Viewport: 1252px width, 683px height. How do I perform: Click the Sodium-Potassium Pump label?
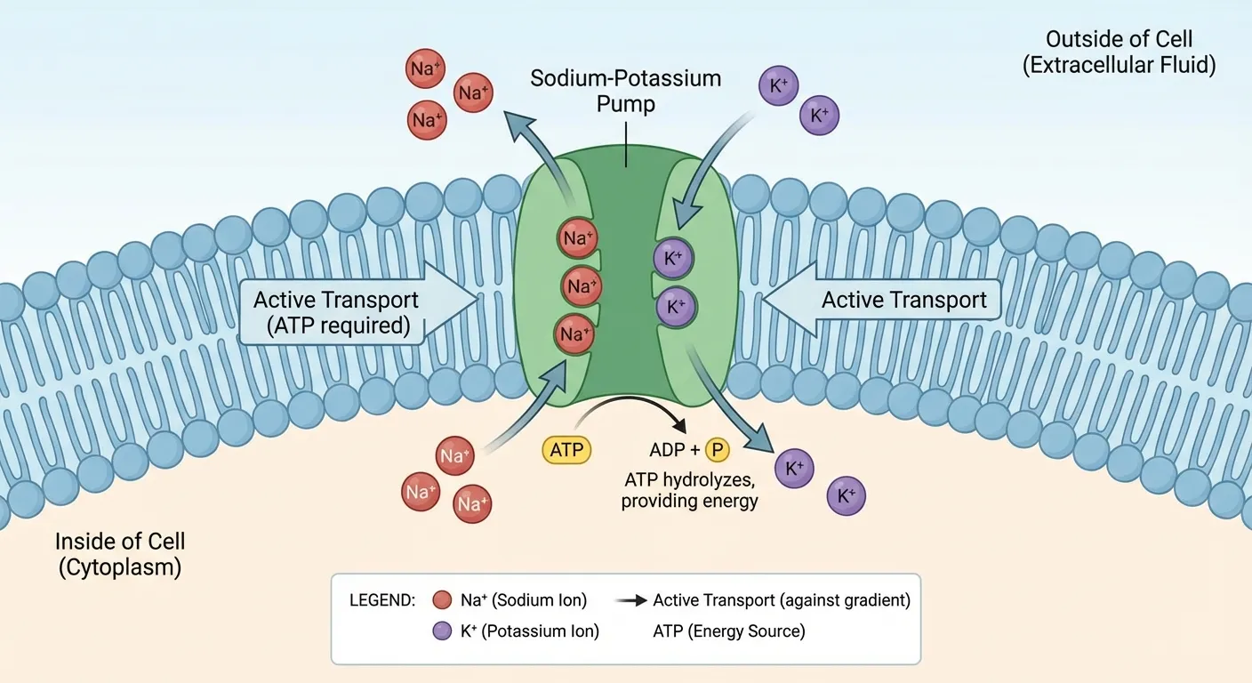tap(625, 90)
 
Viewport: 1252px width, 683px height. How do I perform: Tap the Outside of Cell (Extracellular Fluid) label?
tap(1119, 52)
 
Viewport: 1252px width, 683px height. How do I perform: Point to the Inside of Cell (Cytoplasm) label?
tap(120, 554)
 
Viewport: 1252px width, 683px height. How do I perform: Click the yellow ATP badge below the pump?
tap(566, 450)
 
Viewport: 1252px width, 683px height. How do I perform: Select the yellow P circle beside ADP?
tap(717, 450)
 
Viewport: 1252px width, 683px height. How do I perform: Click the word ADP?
tap(669, 450)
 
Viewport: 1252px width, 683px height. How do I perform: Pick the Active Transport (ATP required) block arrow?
tap(356, 312)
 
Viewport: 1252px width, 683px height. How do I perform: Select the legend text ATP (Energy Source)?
tap(728, 631)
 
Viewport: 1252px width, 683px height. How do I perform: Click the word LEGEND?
tap(383, 600)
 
